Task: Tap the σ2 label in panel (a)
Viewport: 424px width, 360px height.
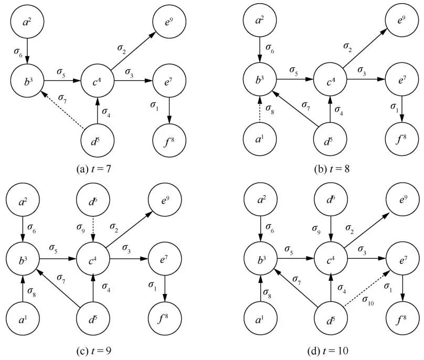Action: point(122,48)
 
